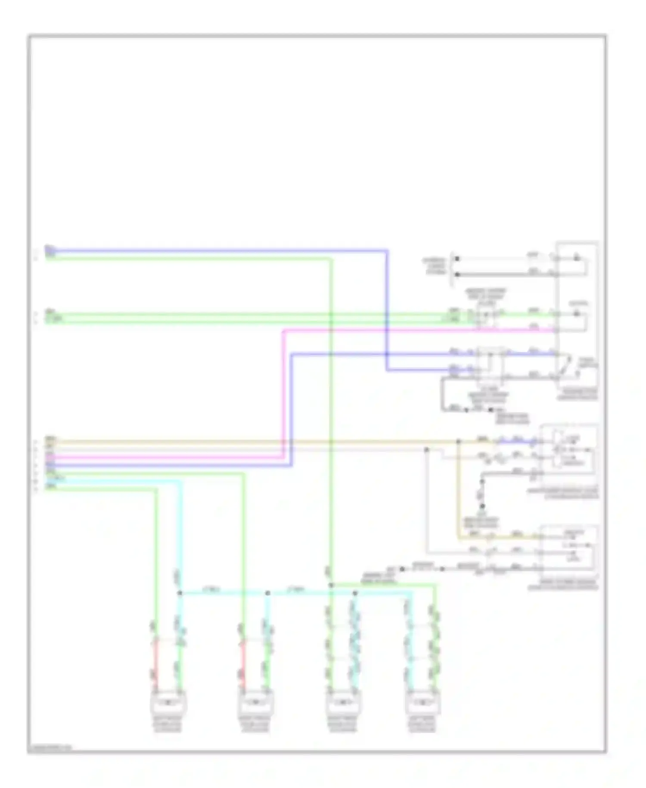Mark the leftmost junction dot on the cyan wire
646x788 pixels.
pos(180,593)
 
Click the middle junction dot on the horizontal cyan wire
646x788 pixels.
pos(267,593)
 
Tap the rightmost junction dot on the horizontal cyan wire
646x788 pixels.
pos(355,593)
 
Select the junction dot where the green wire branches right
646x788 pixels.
pos(331,585)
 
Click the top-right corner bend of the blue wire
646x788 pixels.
pos(386,250)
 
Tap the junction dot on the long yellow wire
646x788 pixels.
pos(458,442)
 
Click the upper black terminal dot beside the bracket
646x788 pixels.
pos(457,259)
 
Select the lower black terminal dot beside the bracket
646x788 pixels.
pos(457,274)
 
